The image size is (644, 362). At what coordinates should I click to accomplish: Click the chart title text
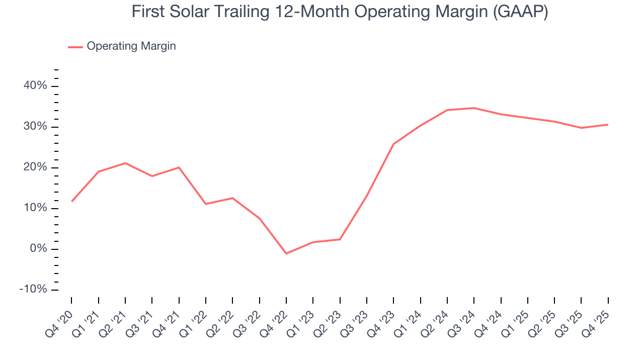(340, 12)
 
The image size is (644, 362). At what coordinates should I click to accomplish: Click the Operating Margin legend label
(131, 46)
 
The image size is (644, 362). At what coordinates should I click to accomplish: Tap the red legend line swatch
(75, 47)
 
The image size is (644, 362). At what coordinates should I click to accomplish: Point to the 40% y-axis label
(35, 86)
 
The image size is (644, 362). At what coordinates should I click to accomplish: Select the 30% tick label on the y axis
(35, 127)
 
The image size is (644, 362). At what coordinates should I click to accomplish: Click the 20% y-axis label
(35, 167)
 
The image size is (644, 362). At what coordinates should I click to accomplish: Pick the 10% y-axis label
(35, 208)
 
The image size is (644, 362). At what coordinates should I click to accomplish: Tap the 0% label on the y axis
(38, 249)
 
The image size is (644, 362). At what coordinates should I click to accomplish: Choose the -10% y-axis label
(33, 290)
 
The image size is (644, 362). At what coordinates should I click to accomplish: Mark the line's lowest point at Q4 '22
(286, 253)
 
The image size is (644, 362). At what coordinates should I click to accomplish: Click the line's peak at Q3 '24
(474, 108)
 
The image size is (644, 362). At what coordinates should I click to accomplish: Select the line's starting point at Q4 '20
(72, 201)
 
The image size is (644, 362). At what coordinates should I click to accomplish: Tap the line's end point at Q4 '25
(608, 125)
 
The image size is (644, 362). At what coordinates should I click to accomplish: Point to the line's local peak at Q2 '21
(125, 163)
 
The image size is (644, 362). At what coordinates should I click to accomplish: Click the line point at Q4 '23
(393, 144)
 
